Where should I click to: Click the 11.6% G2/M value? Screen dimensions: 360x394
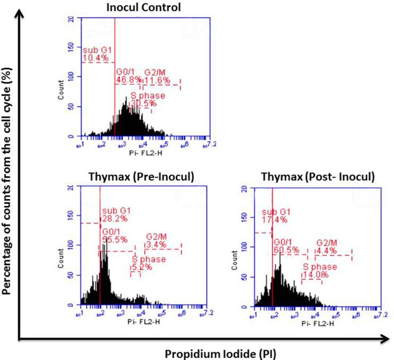[157, 80]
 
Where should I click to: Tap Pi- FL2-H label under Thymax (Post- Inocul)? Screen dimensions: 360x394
[317, 322]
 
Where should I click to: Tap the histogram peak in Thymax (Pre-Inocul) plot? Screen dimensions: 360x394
[105, 246]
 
